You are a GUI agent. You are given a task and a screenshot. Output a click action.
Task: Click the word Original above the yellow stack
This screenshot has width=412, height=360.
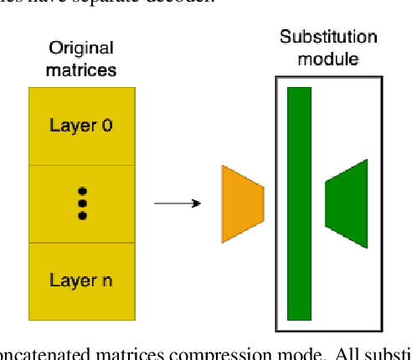pos(81,48)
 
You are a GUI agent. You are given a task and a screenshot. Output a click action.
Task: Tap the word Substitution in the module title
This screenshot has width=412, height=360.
pos(328,38)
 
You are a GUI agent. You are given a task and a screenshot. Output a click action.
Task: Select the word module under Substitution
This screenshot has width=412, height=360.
pos(328,59)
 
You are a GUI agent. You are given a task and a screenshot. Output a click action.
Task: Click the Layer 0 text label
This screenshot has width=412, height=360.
pos(81,126)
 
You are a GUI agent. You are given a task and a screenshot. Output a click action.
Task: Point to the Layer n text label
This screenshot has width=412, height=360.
pos(81,280)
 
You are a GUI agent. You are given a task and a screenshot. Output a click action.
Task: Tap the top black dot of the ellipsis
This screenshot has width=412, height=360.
pos(82,192)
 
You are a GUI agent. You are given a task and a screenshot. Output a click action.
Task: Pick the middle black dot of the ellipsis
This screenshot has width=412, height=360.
pos(82,203)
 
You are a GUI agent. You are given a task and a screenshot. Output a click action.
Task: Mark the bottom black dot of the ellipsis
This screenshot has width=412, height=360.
pos(82,215)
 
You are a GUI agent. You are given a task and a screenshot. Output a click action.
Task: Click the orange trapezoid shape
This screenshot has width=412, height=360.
pos(241,204)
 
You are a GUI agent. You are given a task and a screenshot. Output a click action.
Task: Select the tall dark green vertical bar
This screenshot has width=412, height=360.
pos(299,203)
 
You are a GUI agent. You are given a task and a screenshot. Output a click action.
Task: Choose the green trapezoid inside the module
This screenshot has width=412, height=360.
pos(348,203)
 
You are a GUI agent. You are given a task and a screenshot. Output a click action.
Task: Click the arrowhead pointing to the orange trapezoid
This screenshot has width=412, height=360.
pos(196,203)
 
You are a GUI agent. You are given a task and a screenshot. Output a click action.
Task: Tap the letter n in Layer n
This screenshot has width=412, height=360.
pos(106,281)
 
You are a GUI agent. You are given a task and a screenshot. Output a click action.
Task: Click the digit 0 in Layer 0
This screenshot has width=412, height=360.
pos(107,126)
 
